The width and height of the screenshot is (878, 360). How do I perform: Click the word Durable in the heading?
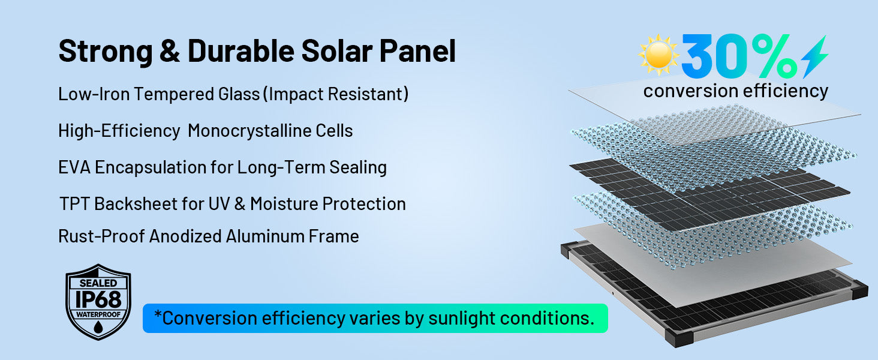point(241,50)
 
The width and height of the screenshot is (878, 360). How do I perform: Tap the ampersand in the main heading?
point(170,51)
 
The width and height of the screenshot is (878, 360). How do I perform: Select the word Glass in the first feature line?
point(239,94)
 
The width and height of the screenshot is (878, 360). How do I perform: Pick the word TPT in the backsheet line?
point(74,204)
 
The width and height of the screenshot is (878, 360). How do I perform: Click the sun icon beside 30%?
point(658,55)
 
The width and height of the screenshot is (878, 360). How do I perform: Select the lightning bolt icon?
point(814,56)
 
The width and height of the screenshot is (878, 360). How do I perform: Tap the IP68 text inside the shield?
point(98,300)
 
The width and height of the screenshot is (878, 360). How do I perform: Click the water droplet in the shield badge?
point(98,327)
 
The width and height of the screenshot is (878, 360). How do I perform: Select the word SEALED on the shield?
point(98,283)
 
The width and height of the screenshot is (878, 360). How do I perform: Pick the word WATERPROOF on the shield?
point(98,314)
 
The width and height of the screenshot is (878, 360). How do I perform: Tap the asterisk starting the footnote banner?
point(158,314)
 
